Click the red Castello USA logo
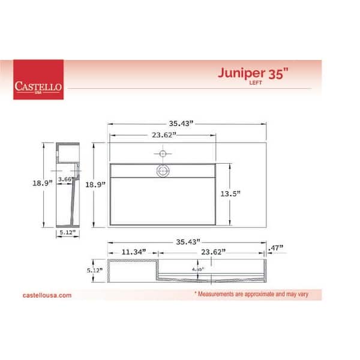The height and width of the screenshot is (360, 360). click(x=38, y=80)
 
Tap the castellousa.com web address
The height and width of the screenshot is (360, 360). click(x=47, y=295)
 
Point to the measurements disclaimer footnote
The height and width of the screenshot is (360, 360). click(x=256, y=295)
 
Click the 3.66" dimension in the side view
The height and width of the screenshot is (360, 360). click(x=67, y=179)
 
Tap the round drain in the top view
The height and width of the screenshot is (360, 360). click(x=163, y=171)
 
